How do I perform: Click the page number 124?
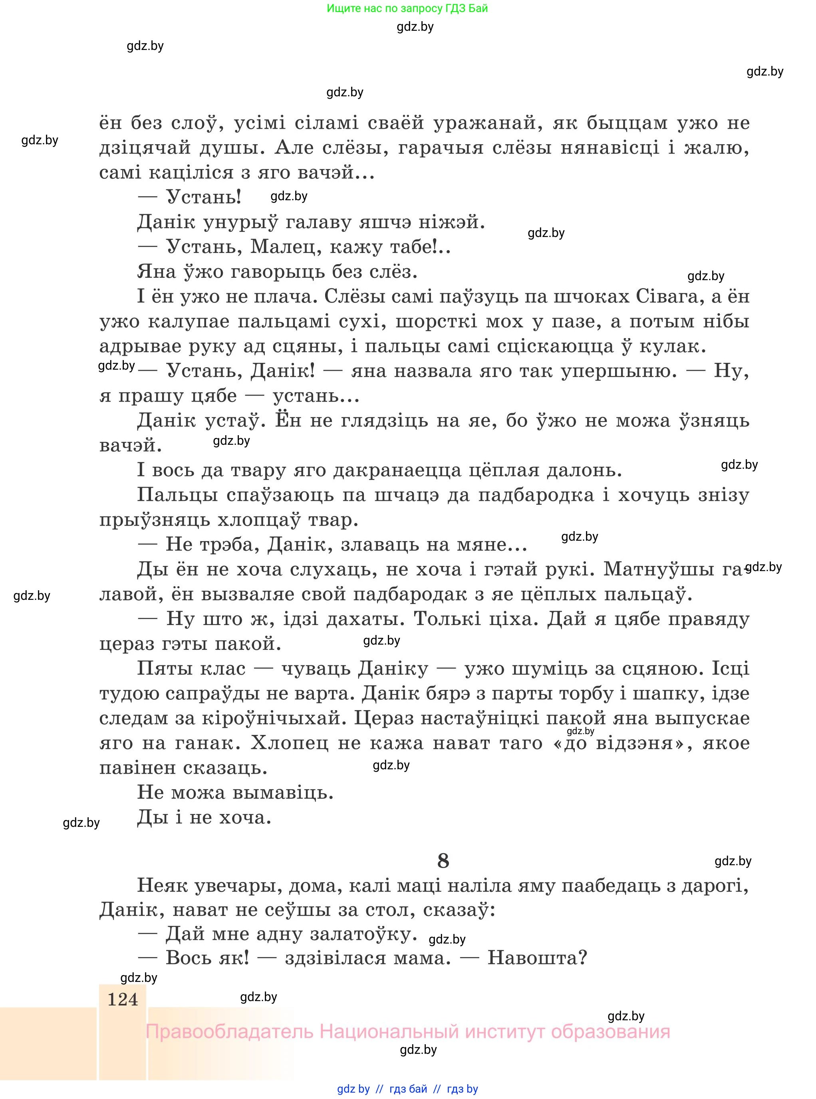pyautogui.click(x=123, y=999)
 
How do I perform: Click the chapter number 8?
pyautogui.click(x=443, y=861)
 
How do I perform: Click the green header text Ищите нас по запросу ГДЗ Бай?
pyautogui.click(x=407, y=8)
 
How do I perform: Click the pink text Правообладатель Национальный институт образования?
pyautogui.click(x=407, y=1032)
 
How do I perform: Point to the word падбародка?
pyautogui.click(x=536, y=495)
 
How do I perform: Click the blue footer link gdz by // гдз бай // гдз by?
pyautogui.click(x=407, y=1089)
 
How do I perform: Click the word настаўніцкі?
pyautogui.click(x=482, y=718)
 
